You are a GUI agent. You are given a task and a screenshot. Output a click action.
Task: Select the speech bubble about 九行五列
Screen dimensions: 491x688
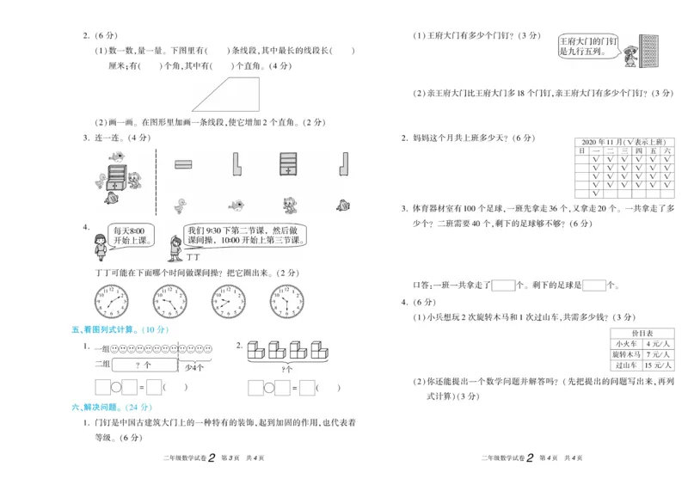pos(587,46)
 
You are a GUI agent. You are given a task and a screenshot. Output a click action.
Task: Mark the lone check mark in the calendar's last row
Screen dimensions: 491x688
pos(582,193)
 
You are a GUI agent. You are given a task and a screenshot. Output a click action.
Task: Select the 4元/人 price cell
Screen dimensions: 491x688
pos(658,343)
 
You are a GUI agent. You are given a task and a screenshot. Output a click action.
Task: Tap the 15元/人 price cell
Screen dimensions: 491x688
pos(658,365)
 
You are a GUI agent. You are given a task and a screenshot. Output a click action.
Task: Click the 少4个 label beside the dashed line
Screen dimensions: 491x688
pos(194,366)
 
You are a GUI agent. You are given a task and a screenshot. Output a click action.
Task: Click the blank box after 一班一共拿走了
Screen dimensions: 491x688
pos(502,285)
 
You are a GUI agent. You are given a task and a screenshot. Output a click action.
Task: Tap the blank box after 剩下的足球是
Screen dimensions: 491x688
pos(594,285)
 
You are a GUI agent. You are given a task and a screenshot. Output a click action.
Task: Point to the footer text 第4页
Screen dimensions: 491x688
pos(548,458)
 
